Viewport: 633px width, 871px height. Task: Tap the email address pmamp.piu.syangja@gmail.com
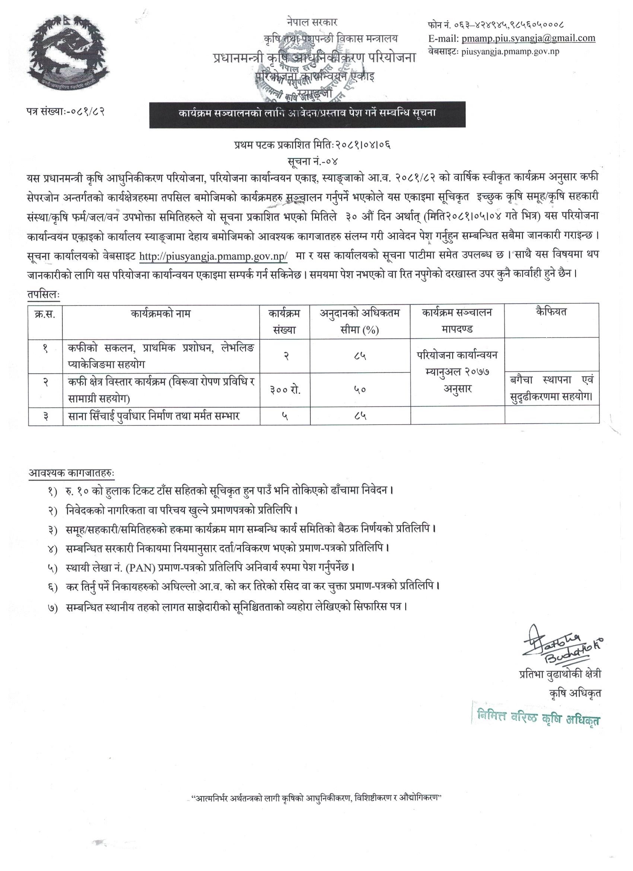(x=529, y=38)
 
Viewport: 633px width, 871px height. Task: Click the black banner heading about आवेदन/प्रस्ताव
(x=307, y=114)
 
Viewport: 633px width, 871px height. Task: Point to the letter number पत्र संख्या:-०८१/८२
(x=63, y=112)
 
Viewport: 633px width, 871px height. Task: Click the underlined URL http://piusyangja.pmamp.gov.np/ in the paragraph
(x=213, y=257)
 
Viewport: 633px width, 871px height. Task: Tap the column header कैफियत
(x=551, y=312)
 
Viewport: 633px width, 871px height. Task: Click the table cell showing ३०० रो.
(x=284, y=389)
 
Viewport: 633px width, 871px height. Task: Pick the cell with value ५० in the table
(x=360, y=389)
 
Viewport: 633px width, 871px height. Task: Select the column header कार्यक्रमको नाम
(x=161, y=314)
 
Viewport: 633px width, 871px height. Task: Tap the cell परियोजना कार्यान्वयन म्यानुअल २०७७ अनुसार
(x=457, y=372)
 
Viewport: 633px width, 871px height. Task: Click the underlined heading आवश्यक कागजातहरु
(x=71, y=473)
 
